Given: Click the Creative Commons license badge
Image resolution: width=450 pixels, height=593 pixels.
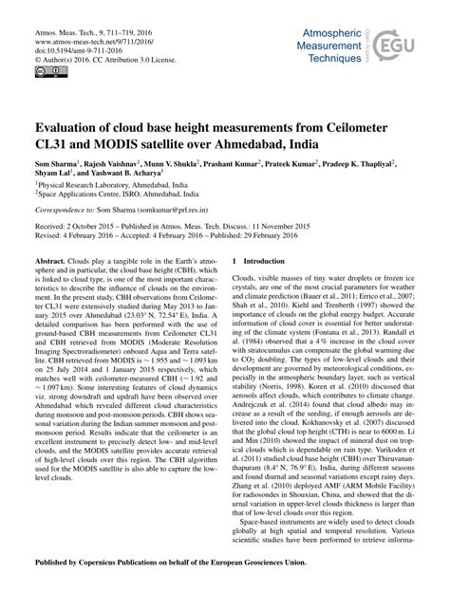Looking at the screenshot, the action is (44, 68).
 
